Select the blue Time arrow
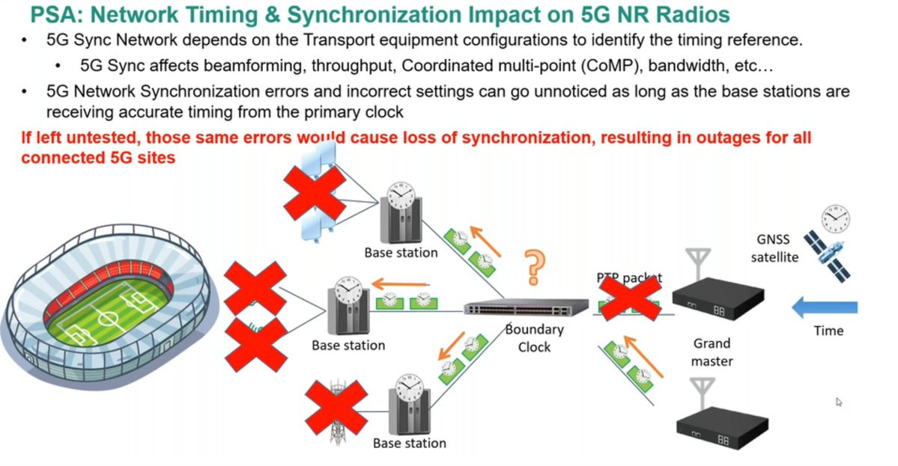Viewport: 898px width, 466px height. tap(825, 307)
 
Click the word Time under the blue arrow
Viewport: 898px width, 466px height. tap(828, 331)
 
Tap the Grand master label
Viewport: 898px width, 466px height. tap(711, 352)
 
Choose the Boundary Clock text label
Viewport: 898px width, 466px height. tap(534, 338)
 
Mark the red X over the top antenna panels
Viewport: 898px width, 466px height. tap(315, 191)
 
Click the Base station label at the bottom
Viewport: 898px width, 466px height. tap(409, 444)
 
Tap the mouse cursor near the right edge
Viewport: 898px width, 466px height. tap(840, 402)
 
